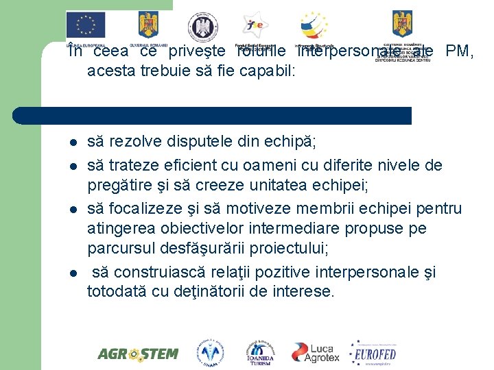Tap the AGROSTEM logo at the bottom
pos(137,354)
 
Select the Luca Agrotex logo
pos(316,352)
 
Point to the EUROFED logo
pos(373,353)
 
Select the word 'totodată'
pos(113,292)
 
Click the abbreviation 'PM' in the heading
pos(458,51)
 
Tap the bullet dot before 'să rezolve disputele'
pos(71,143)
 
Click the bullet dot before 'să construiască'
pos(71,273)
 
